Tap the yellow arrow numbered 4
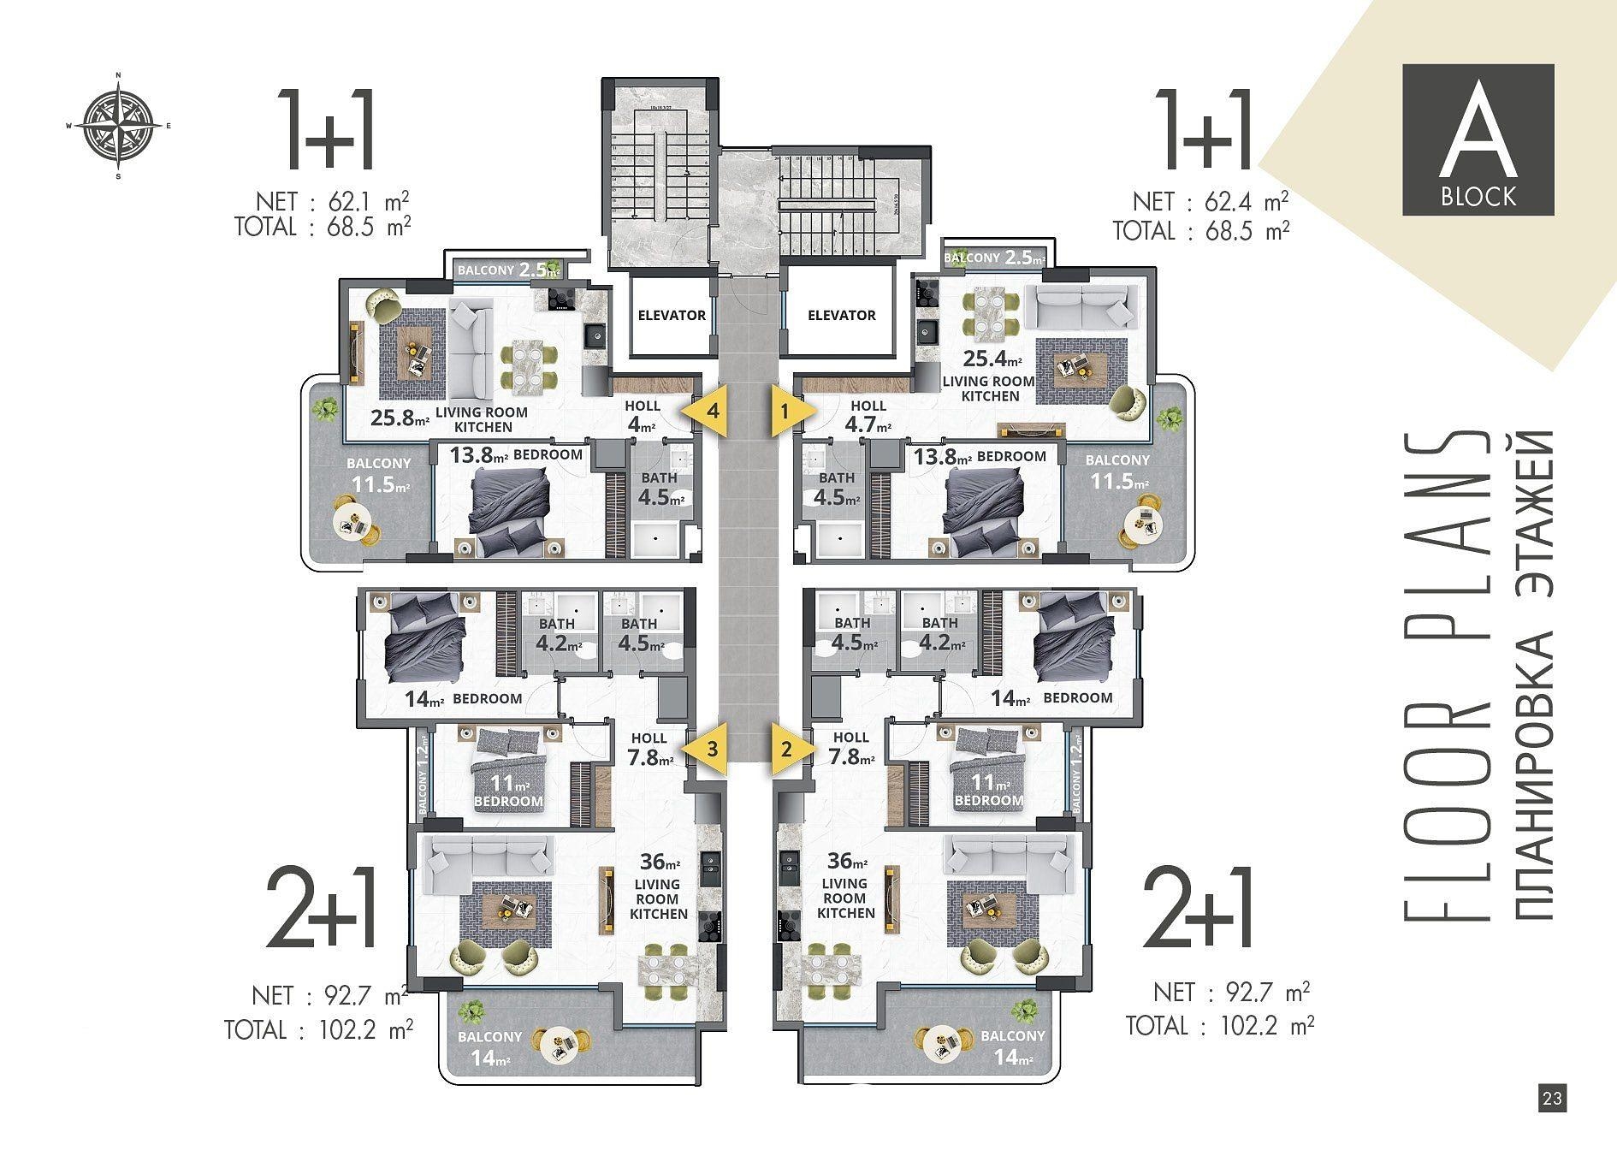[707, 411]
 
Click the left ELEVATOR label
[672, 315]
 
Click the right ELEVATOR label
[841, 315]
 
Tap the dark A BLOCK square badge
[1478, 139]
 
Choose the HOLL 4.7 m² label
[868, 417]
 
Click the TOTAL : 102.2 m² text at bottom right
[1219, 1025]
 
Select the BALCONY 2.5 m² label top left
[508, 270]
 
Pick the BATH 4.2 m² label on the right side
[940, 633]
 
